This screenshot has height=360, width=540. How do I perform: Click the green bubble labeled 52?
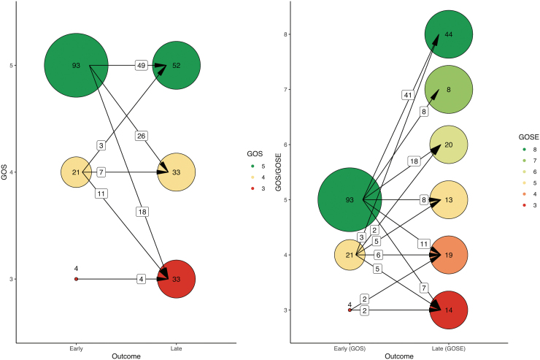click(x=177, y=65)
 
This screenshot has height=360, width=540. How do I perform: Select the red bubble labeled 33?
click(x=177, y=279)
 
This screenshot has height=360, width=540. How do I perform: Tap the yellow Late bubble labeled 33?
click(x=177, y=172)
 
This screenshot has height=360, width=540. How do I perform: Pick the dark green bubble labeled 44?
click(x=449, y=34)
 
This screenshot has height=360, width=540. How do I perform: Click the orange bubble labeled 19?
click(x=449, y=255)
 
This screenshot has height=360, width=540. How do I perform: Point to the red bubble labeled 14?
click(x=449, y=310)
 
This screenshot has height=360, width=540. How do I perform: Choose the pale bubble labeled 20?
click(x=449, y=145)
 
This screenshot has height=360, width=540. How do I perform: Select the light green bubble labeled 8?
click(x=449, y=90)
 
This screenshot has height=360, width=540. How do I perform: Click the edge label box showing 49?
click(x=142, y=65)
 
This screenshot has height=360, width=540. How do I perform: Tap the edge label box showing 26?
click(x=142, y=135)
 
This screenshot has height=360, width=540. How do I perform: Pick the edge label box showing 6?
click(x=398, y=255)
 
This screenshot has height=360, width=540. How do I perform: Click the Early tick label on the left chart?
click(x=76, y=348)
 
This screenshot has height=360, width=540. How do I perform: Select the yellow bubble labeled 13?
click(x=449, y=200)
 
